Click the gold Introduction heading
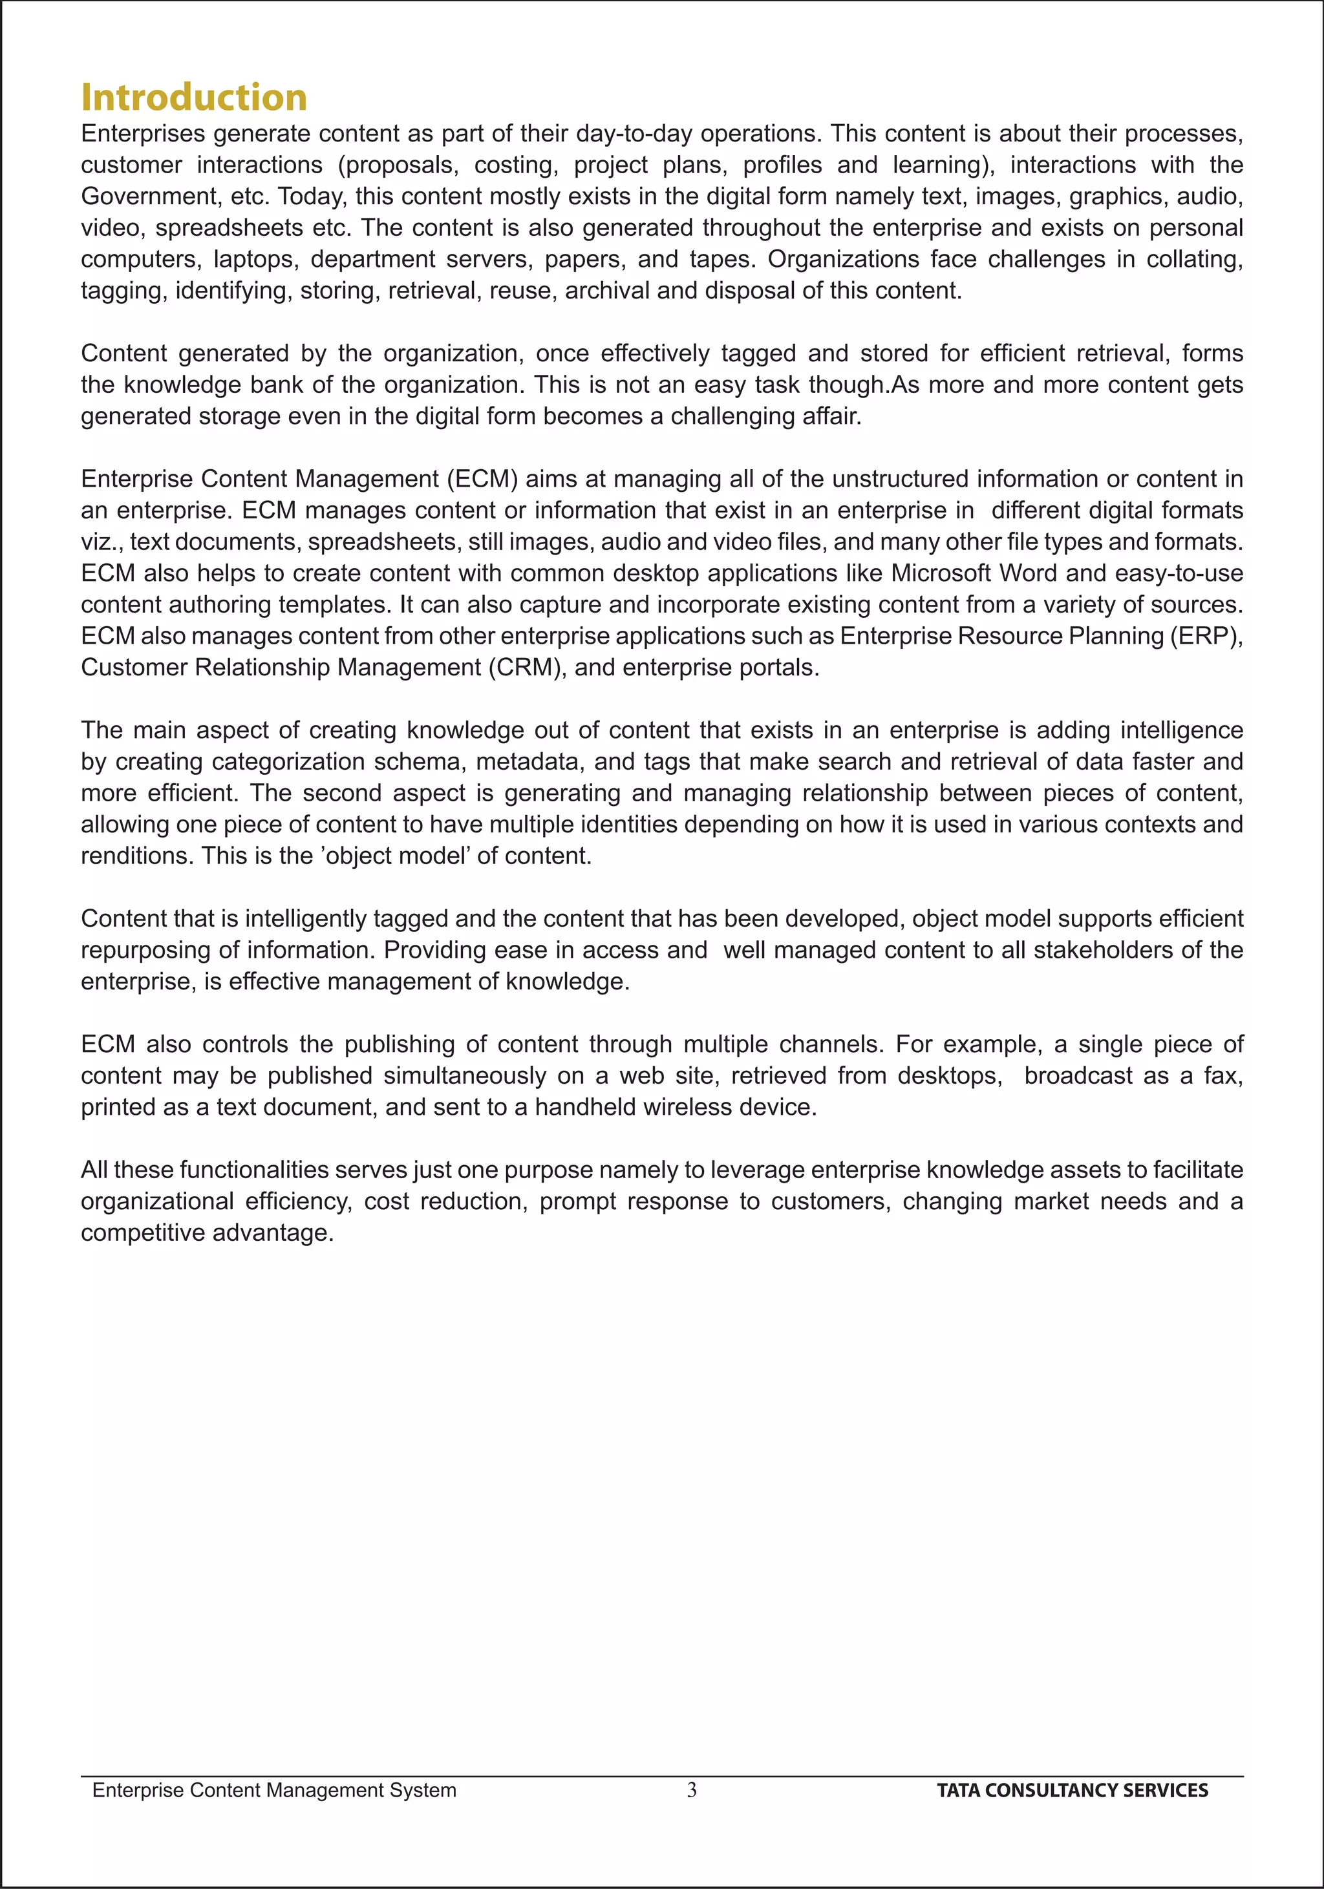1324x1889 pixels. pos(194,97)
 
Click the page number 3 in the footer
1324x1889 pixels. pos(691,1789)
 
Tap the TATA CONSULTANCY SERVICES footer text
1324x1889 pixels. pos(1073,1790)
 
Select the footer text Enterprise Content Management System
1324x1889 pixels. pos(274,1790)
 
